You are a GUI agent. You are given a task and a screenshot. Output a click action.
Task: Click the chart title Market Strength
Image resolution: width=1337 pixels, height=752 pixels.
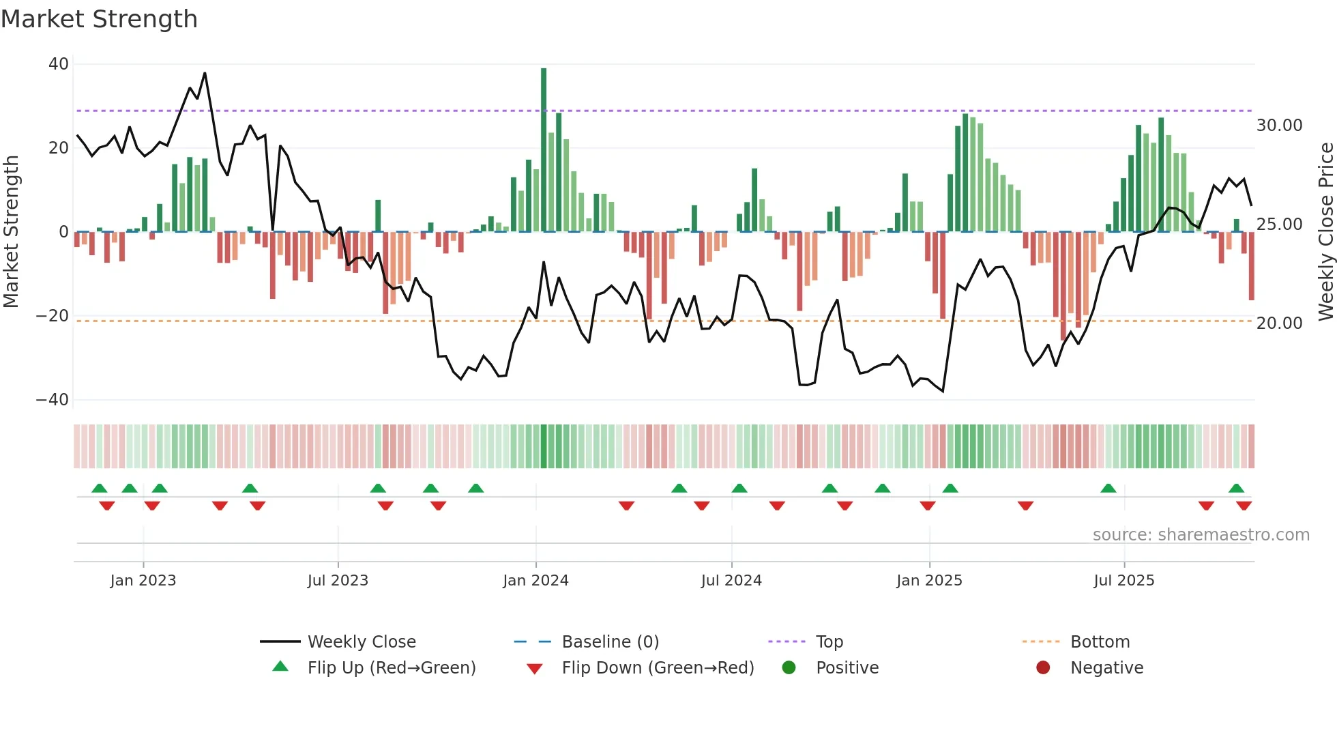[x=99, y=19]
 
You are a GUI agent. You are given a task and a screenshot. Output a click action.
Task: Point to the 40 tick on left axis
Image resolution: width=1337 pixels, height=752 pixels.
[x=59, y=64]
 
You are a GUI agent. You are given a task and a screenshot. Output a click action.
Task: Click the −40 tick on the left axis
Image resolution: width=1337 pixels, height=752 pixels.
[x=53, y=400]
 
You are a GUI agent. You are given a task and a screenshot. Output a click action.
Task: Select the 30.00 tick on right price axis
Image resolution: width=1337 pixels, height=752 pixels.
[x=1279, y=126]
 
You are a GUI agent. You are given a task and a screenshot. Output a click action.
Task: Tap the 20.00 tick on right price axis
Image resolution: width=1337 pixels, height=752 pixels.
[x=1279, y=323]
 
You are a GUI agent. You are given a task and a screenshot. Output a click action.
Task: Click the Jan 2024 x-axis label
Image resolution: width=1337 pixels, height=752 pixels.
[x=535, y=581]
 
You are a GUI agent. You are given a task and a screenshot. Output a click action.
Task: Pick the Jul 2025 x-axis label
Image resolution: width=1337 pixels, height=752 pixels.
[x=1123, y=581]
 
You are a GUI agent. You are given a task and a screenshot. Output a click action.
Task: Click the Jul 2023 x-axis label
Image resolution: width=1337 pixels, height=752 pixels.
[x=338, y=581]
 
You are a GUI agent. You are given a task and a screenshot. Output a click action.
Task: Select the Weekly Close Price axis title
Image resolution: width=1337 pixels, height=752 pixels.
[x=1325, y=232]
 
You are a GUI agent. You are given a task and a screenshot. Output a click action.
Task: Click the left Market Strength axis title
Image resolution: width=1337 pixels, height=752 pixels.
[x=12, y=232]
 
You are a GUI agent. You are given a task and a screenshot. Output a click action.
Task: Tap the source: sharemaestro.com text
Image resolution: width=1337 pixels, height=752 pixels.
[x=1201, y=535]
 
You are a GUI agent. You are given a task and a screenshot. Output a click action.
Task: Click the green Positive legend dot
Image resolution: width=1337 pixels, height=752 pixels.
[x=789, y=668]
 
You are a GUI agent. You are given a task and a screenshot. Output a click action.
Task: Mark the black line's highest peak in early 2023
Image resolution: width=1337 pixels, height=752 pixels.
[x=205, y=74]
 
